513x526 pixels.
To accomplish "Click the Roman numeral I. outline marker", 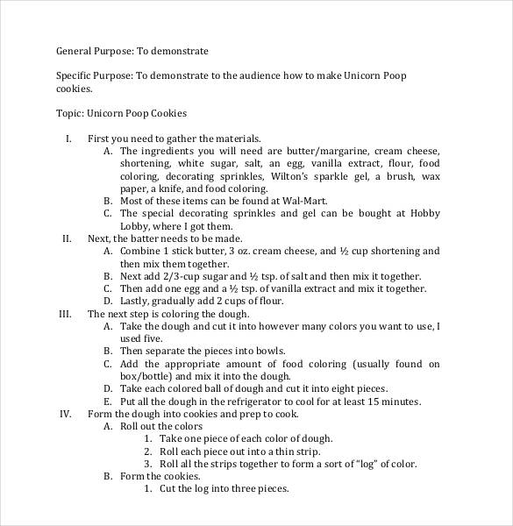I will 68,139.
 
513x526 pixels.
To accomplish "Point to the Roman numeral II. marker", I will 67,238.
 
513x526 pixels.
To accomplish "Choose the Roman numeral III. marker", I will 65,314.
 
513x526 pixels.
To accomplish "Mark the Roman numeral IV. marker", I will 65,414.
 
